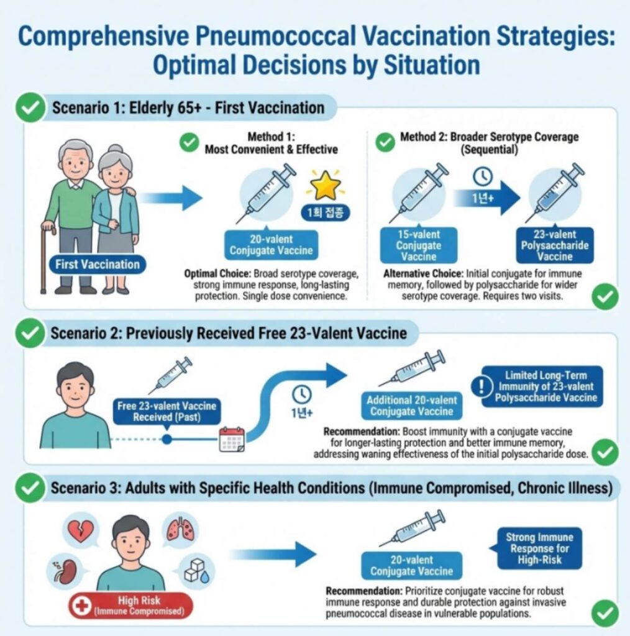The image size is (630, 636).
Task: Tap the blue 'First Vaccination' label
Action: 98,265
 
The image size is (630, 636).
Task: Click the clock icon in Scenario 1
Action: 482,177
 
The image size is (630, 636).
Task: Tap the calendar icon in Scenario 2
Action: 232,439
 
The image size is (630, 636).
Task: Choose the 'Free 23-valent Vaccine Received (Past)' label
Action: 167,411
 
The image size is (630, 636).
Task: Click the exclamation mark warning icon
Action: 482,386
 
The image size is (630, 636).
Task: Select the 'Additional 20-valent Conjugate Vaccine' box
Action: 411,406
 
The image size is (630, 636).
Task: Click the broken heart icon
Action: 80,530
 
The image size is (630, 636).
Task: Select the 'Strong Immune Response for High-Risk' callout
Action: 539,548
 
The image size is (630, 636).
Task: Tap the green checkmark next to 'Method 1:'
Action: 189,143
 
